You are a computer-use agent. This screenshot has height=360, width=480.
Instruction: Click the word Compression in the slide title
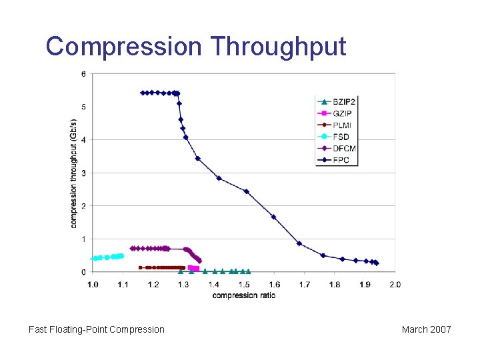(123, 47)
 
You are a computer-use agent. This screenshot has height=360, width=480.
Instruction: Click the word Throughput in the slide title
(278, 47)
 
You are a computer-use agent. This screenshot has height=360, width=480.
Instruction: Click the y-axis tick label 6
(83, 74)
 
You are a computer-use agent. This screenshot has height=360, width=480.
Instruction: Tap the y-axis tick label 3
(83, 173)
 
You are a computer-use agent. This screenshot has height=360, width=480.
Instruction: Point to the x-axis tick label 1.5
(244, 285)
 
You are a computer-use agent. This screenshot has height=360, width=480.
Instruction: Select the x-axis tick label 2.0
(395, 285)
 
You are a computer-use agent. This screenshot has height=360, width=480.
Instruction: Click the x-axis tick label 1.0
(93, 285)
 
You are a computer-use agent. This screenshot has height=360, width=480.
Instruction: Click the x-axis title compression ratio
(243, 295)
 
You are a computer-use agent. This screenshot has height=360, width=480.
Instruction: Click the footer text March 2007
(426, 329)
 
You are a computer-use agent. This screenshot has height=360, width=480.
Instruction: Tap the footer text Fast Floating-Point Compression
(97, 329)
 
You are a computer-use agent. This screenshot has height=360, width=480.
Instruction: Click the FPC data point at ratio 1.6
(273, 217)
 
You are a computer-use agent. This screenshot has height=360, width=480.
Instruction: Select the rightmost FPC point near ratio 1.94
(377, 263)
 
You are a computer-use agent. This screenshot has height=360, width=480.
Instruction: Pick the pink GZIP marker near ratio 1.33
(194, 269)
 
